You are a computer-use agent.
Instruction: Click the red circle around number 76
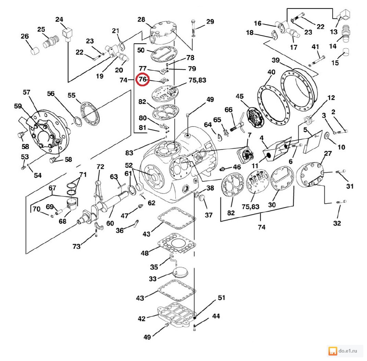[142, 79]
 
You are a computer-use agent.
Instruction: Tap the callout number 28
[142, 19]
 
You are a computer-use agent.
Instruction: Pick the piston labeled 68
[73, 203]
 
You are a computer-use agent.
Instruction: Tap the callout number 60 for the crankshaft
[110, 222]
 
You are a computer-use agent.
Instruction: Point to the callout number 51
[221, 298]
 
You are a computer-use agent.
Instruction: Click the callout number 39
[276, 60]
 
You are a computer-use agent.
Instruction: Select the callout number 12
[331, 98]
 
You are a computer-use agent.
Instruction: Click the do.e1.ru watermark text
[348, 351]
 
